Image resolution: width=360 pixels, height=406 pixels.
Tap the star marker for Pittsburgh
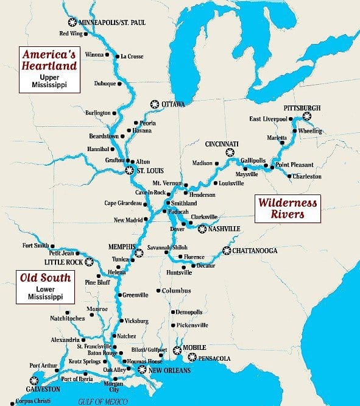(306, 115)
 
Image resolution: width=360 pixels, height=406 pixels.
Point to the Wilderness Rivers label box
(280, 208)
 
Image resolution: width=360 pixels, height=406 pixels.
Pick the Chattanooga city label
(256, 251)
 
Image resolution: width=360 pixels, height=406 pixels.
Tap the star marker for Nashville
(202, 229)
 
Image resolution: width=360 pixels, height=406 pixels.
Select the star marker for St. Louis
(129, 170)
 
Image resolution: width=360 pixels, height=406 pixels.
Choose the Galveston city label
(26, 389)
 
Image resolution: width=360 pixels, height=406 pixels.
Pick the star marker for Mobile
(177, 349)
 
